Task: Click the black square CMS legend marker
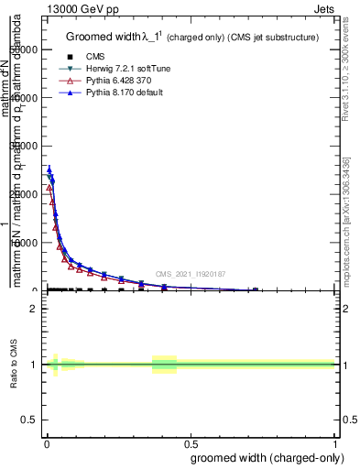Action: (70, 57)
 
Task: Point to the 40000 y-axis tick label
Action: (26, 98)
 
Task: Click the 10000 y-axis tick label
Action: (26, 243)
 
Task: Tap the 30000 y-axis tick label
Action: (26, 147)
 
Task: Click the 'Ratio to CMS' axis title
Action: (14, 365)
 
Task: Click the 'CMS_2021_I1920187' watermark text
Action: (190, 274)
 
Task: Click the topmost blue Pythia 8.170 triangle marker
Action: (49, 169)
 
